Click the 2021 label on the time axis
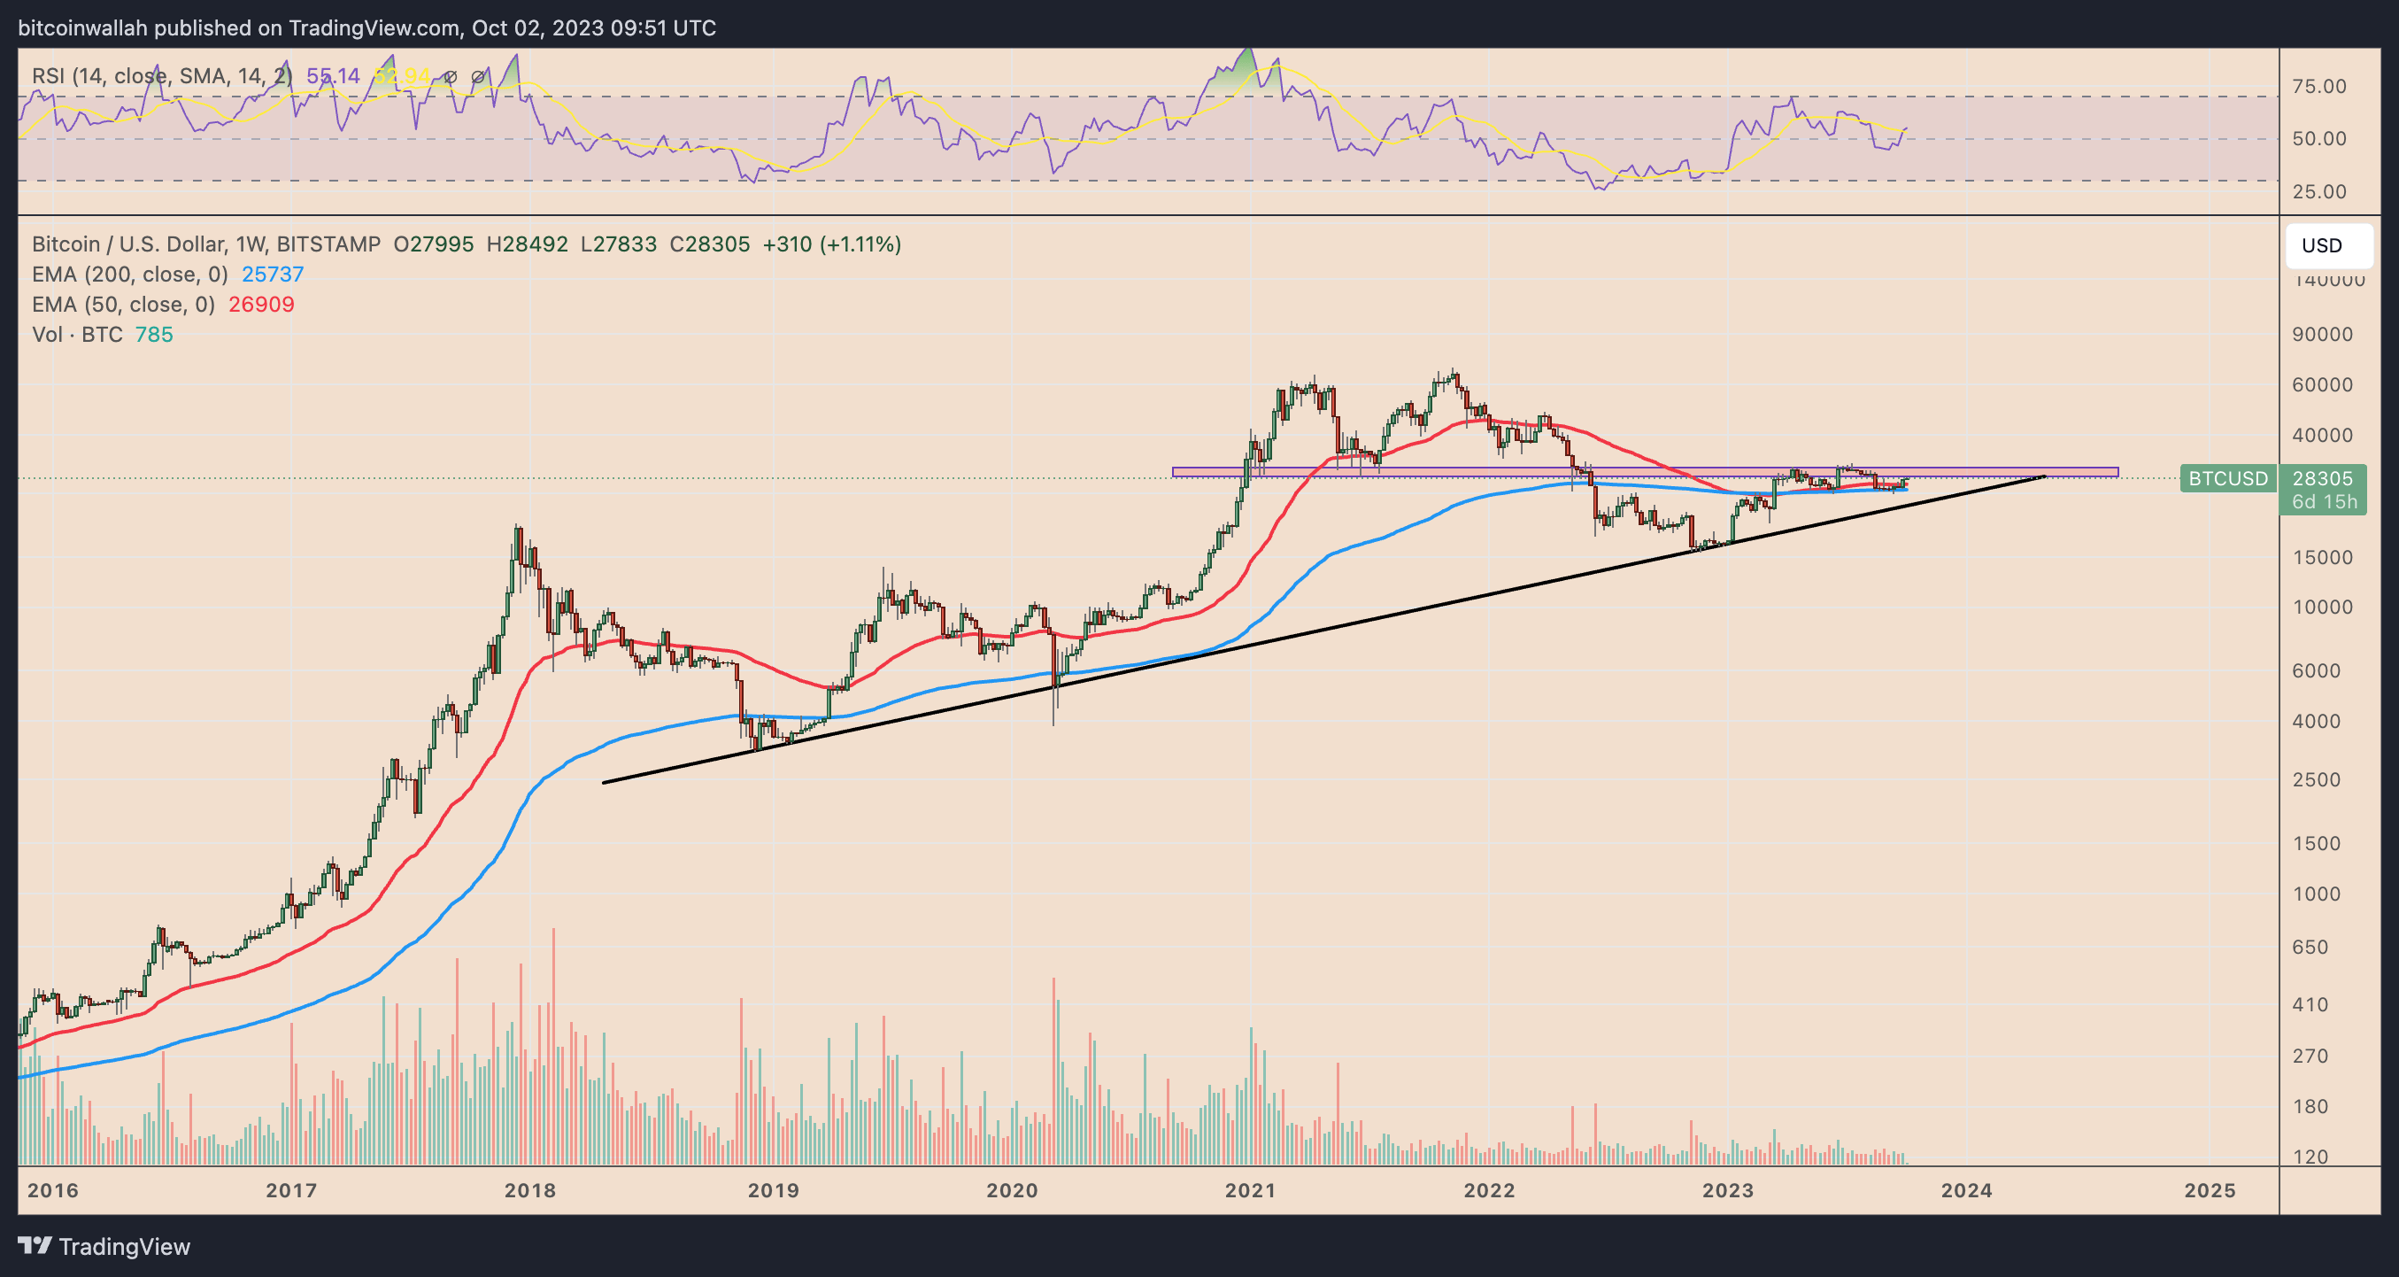[x=1250, y=1190]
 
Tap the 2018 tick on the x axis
[x=530, y=1190]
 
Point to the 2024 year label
[x=1966, y=1190]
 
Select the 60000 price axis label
[x=2322, y=384]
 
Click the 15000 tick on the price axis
[x=2322, y=557]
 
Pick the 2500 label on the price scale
[x=2316, y=779]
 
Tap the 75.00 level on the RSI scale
[x=2319, y=87]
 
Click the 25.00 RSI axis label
[x=2319, y=192]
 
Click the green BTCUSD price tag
[x=2227, y=479]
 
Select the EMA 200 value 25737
[x=272, y=275]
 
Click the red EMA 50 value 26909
[x=261, y=305]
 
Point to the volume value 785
[x=154, y=335]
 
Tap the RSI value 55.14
[x=333, y=76]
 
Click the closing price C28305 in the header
[x=709, y=244]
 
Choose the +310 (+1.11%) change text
[x=830, y=244]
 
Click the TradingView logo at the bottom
[x=104, y=1246]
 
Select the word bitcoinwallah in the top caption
[x=82, y=28]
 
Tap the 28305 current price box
[x=2322, y=479]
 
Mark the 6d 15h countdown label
[x=2324, y=502]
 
